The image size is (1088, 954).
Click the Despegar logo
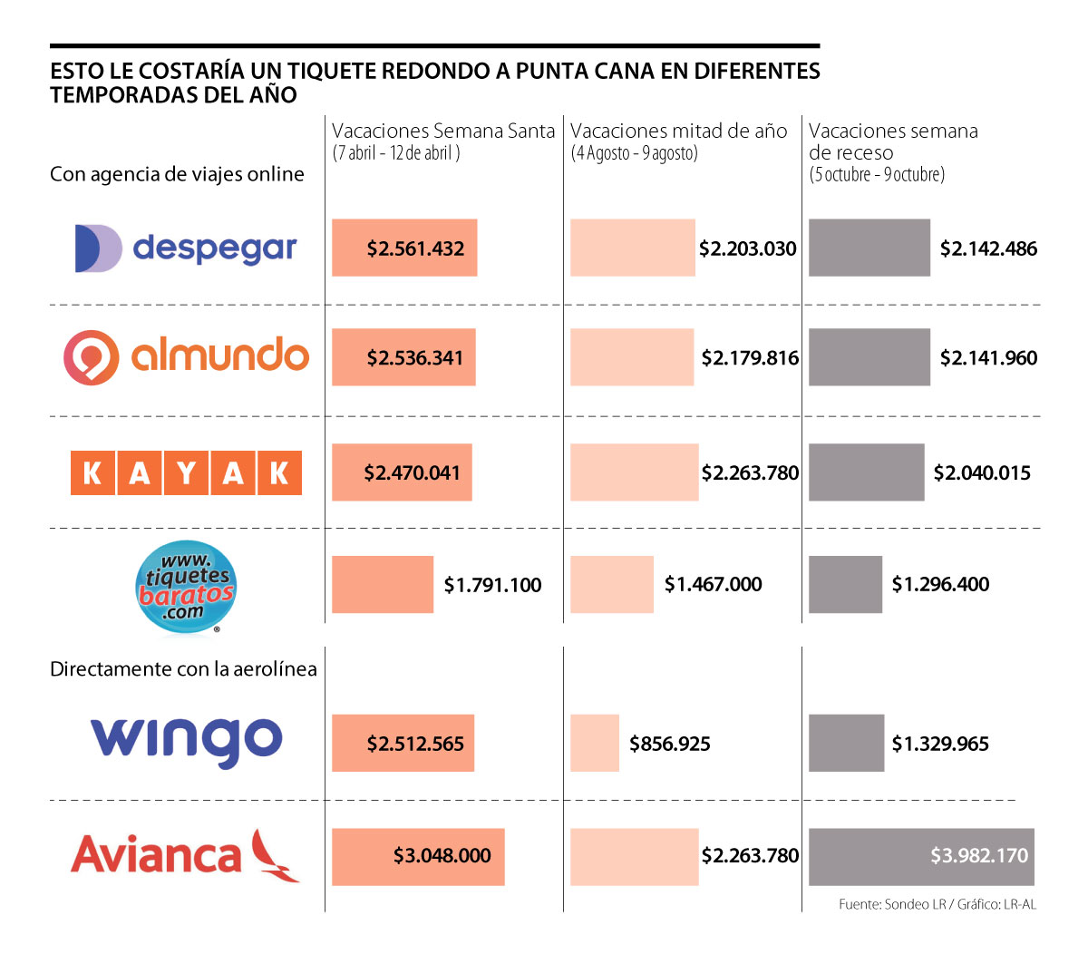pos(186,248)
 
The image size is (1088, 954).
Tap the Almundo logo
pos(186,356)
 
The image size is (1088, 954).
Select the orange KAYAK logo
pos(186,472)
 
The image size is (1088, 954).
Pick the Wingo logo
pos(187,741)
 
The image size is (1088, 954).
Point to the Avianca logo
pos(185,855)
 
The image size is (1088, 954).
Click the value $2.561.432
pos(415,248)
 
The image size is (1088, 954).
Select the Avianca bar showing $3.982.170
pos(921,856)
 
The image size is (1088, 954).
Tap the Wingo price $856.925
pos(670,745)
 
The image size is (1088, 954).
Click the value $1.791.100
pos(492,585)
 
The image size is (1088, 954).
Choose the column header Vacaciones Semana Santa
pos(443,131)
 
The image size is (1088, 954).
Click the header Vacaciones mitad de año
pos(679,131)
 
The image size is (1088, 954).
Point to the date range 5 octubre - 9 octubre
pos(877,174)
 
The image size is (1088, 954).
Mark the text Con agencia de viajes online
pos(177,174)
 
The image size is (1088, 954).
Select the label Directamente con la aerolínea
pos(183,669)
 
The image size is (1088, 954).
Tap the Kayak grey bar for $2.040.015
pos(866,472)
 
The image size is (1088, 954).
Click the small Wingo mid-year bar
pos(595,744)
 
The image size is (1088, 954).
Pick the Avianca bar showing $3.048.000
pos(418,856)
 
